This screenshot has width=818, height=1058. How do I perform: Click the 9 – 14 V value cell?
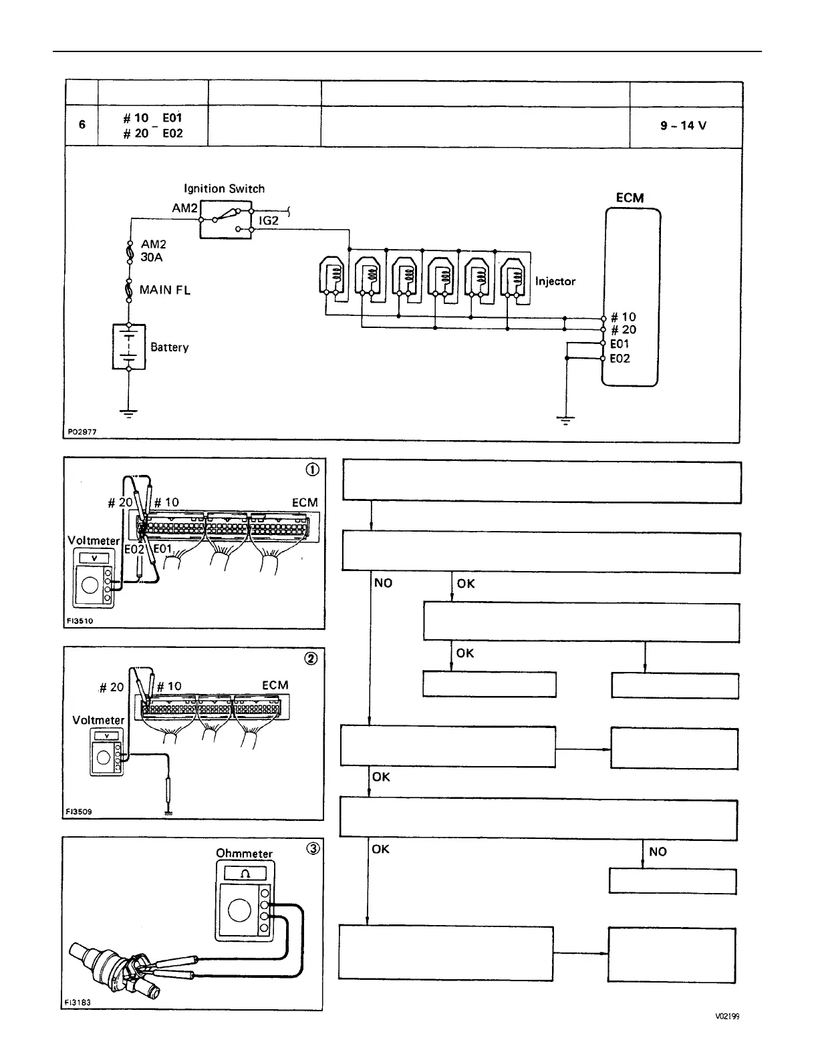683,126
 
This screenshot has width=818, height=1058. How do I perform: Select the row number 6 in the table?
82,124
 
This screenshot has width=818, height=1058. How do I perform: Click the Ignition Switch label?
224,188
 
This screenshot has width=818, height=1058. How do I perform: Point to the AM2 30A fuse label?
153,250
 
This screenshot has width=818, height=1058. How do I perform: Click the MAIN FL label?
164,290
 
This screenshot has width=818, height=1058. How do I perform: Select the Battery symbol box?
128,346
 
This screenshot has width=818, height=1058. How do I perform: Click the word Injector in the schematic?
555,281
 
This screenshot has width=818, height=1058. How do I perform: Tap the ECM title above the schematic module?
630,198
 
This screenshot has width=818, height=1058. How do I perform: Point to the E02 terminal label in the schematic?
620,359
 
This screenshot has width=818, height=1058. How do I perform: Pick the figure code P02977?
82,432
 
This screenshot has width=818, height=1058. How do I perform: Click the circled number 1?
312,469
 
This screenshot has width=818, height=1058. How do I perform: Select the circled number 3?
312,848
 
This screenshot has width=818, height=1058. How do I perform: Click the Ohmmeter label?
244,853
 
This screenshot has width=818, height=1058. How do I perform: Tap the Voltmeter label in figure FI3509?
98,720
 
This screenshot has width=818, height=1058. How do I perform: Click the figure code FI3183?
78,1003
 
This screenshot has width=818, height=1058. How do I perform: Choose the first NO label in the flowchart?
383,583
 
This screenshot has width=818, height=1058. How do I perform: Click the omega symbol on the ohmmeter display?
245,874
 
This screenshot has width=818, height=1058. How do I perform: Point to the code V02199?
726,1017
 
